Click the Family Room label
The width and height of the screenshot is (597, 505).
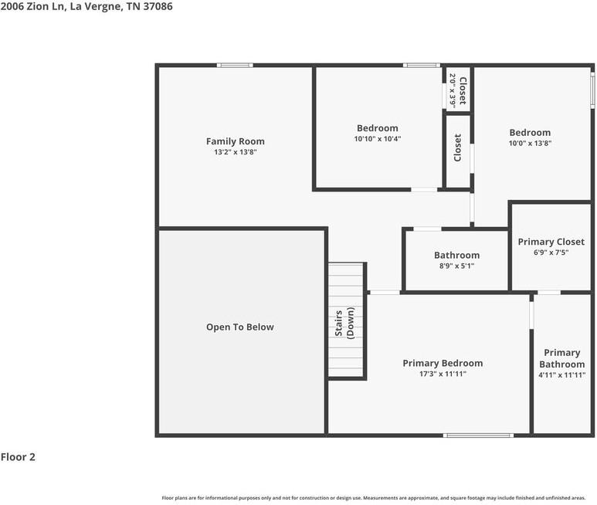pyautogui.click(x=236, y=141)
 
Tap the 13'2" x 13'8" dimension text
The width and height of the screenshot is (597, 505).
pyautogui.click(x=236, y=152)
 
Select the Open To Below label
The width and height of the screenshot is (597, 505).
pyautogui.click(x=240, y=327)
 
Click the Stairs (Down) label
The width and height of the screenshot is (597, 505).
pyautogui.click(x=345, y=323)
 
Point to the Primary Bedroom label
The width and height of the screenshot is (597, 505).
pyautogui.click(x=443, y=364)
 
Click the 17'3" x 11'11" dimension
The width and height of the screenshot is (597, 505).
pyautogui.click(x=443, y=374)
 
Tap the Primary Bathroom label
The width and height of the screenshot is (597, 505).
pyautogui.click(x=562, y=358)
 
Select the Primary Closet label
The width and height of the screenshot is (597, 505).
pyautogui.click(x=551, y=242)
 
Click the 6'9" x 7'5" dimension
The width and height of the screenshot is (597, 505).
pyautogui.click(x=551, y=252)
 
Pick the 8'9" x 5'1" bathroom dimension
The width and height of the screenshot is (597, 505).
pyautogui.click(x=457, y=266)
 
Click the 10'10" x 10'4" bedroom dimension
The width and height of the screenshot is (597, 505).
pyautogui.click(x=378, y=139)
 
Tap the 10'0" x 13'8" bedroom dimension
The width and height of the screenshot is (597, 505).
pyautogui.click(x=530, y=143)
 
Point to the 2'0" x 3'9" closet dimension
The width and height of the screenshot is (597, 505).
pyautogui.click(x=453, y=90)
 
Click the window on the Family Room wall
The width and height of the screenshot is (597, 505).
pyautogui.click(x=235, y=66)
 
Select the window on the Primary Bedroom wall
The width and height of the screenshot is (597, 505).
pyautogui.click(x=478, y=436)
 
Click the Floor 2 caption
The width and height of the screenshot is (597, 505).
pyautogui.click(x=18, y=456)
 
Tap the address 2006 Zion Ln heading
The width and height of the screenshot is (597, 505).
pyautogui.click(x=86, y=6)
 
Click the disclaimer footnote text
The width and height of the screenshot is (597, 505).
pyautogui.click(x=374, y=498)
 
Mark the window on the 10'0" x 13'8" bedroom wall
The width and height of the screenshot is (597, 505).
pyautogui.click(x=592, y=89)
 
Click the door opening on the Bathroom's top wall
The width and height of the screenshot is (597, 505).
pyautogui.click(x=427, y=229)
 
